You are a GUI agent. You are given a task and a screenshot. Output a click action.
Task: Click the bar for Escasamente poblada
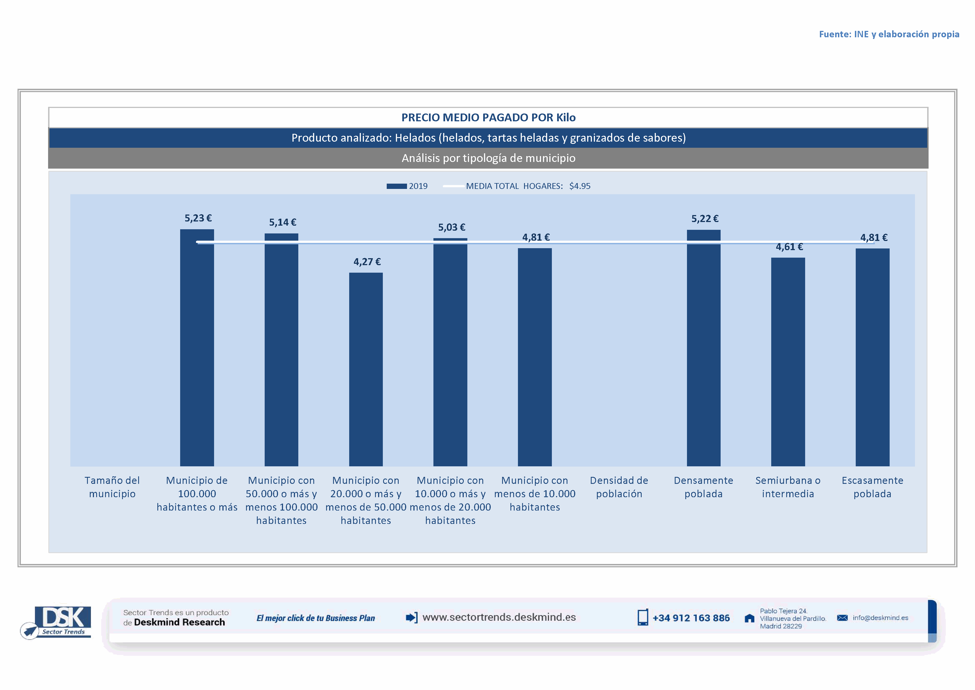coord(872,357)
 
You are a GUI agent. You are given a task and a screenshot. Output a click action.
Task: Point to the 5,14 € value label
coord(282,222)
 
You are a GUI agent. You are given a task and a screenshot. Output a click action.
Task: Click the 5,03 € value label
coord(451,227)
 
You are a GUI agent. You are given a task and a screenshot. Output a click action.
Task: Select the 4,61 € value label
coord(789,247)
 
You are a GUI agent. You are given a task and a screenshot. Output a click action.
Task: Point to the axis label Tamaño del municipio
coord(112,487)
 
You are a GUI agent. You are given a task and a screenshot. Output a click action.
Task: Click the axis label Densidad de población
coord(619,487)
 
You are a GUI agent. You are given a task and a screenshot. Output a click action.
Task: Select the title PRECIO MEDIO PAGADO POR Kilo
coord(488,117)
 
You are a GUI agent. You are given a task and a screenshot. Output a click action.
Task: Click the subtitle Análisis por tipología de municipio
coord(488,158)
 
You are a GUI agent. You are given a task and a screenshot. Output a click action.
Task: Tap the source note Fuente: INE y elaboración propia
coord(889,34)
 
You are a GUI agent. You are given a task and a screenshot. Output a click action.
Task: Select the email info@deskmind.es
coord(880,618)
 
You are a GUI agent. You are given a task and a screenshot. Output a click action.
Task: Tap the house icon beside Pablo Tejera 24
coord(750,618)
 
